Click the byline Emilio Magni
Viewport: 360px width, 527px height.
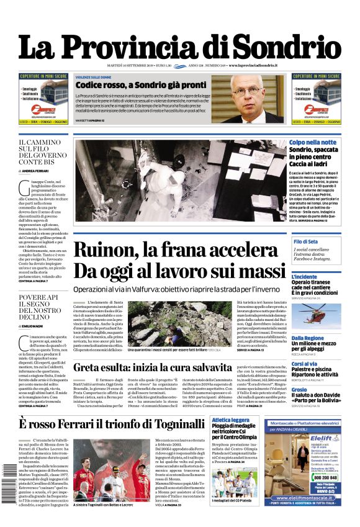coord(35,326)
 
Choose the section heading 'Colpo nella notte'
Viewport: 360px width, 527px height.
coord(312,143)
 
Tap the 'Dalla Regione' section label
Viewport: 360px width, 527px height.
coord(308,338)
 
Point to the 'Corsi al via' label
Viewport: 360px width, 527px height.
coord(305,364)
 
